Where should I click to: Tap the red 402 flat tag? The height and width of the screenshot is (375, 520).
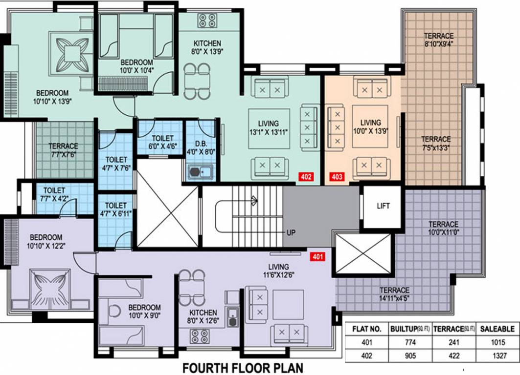click(306, 177)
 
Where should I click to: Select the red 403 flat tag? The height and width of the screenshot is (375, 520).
click(337, 177)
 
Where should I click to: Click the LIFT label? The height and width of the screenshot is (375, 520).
click(383, 206)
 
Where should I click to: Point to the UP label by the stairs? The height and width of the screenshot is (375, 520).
click(291, 232)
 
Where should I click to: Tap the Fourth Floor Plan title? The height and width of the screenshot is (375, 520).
click(243, 367)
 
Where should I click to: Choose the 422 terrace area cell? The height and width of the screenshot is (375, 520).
click(454, 356)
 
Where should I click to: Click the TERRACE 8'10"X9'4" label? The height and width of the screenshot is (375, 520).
click(438, 40)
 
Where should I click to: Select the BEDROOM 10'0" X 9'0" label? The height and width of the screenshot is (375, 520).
click(144, 312)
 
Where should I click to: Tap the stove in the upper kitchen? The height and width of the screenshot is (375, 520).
click(207, 20)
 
